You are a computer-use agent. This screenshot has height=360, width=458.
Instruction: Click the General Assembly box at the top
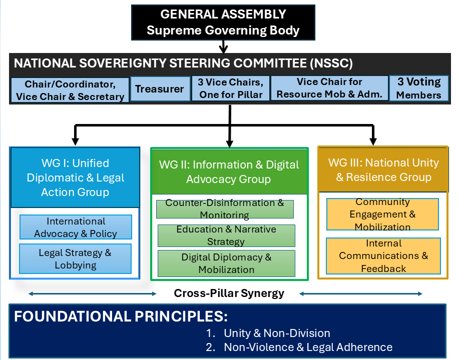click(x=223, y=22)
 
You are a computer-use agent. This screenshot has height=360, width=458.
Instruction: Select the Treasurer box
click(x=160, y=89)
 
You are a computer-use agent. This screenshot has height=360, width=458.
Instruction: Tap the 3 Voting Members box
click(x=418, y=88)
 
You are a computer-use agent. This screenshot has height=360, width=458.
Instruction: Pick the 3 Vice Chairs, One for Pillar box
click(x=231, y=88)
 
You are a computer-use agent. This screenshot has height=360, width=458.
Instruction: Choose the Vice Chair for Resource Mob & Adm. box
click(x=329, y=88)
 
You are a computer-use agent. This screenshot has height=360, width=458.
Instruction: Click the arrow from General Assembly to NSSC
click(x=223, y=46)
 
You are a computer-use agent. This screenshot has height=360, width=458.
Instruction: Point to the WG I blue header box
click(x=75, y=177)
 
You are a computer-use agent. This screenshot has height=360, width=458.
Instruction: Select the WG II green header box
click(x=229, y=171)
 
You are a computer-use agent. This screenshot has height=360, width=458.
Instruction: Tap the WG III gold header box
click(x=383, y=169)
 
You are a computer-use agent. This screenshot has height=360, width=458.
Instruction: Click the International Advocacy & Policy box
click(x=76, y=227)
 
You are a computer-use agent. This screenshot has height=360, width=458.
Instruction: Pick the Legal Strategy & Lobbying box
click(x=76, y=258)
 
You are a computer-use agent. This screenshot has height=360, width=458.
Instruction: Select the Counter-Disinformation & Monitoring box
click(x=225, y=209)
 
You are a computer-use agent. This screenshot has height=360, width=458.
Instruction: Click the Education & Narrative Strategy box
click(x=226, y=235)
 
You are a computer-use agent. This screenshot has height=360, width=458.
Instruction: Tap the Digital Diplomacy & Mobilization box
click(x=226, y=263)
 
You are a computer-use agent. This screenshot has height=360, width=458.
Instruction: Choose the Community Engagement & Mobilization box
click(x=382, y=214)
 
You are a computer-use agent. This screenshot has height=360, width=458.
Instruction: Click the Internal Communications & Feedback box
click(x=383, y=256)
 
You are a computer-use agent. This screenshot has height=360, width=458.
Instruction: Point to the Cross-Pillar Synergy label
click(x=229, y=293)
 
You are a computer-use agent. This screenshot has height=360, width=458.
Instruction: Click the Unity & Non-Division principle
click(x=277, y=333)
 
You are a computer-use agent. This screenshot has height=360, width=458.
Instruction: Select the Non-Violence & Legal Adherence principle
click(x=308, y=347)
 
